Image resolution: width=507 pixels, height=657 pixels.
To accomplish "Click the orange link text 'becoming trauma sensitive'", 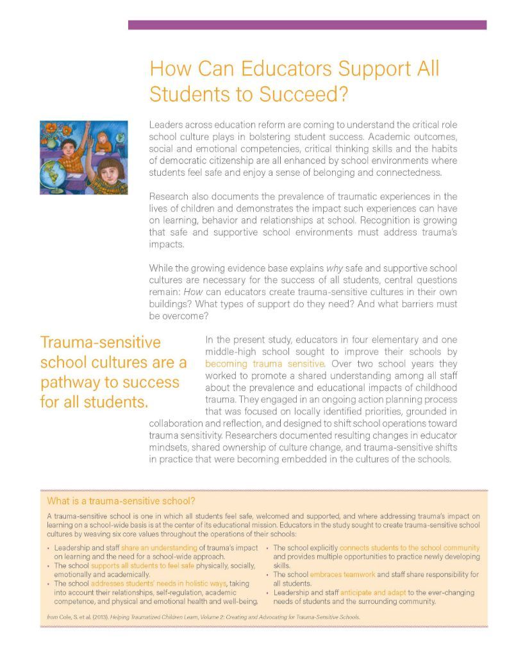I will (x=265, y=364).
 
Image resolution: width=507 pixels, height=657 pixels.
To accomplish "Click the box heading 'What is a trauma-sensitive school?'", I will (x=121, y=500).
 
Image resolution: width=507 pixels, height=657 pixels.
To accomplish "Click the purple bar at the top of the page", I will (x=307, y=25).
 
